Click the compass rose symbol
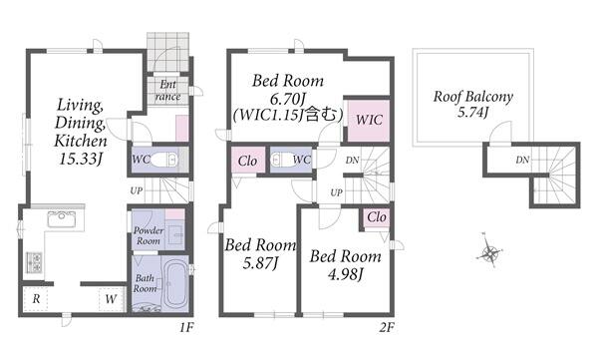(490, 252)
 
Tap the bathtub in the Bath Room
(174, 283)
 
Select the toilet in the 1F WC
(164, 160)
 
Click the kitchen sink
(61, 218)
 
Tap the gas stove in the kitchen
(34, 262)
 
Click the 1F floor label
(187, 327)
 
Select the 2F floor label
(387, 327)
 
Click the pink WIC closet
(369, 121)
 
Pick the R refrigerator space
(36, 299)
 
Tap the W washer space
(112, 299)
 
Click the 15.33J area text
(81, 159)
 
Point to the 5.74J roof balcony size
(472, 113)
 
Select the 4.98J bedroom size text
(346, 273)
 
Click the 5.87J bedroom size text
(260, 263)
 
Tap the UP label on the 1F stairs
(137, 190)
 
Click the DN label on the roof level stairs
(522, 160)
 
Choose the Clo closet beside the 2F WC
(248, 161)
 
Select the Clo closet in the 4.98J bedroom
(377, 217)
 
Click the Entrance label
(167, 90)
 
